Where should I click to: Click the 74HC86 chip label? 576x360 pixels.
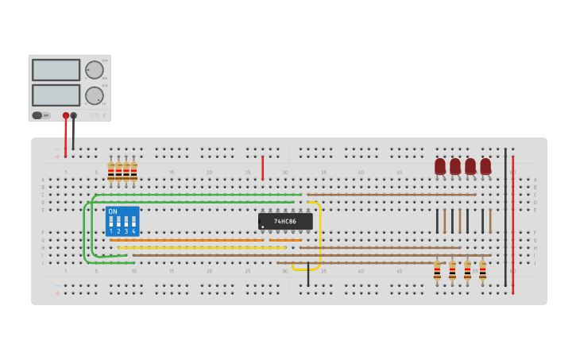point(285,221)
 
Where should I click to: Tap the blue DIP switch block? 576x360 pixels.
point(122,222)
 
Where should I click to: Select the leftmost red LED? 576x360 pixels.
point(440,166)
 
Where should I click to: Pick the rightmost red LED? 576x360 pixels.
point(485,166)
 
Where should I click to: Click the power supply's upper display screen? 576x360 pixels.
point(56,70)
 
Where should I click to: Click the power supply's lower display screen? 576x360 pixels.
point(56,95)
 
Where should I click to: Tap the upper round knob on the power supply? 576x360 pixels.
point(95,70)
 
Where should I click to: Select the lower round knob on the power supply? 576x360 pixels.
point(95,95)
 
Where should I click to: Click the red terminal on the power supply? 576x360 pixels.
point(66,116)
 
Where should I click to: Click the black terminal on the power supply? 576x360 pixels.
point(74,116)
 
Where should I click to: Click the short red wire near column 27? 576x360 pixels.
point(262,167)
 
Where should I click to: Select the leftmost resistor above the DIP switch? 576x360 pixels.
point(111,171)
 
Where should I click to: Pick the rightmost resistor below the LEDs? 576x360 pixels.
point(482,271)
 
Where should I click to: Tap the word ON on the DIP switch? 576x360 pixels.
point(113,212)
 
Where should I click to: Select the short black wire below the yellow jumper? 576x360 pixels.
point(308,276)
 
